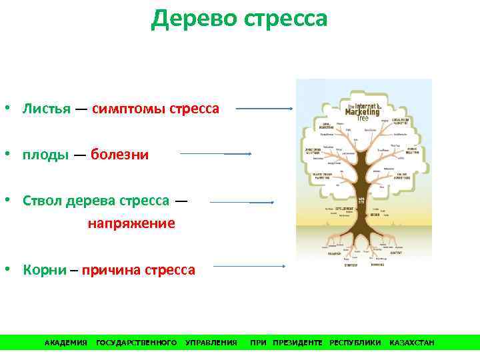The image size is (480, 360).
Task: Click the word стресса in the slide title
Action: pyautogui.click(x=286, y=19)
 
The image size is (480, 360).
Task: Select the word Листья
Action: pyautogui.click(x=47, y=108)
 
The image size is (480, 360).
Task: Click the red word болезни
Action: pyautogui.click(x=120, y=155)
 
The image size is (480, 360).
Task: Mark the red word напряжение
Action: pyautogui.click(x=131, y=223)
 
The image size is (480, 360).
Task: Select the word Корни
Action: pyautogui.click(x=45, y=270)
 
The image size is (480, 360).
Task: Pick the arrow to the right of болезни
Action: pyautogui.click(x=215, y=153)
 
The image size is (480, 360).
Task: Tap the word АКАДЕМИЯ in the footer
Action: pyautogui.click(x=66, y=343)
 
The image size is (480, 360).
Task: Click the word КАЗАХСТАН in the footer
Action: pyautogui.click(x=411, y=343)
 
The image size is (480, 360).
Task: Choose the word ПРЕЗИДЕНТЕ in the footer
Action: pyautogui.click(x=297, y=343)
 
